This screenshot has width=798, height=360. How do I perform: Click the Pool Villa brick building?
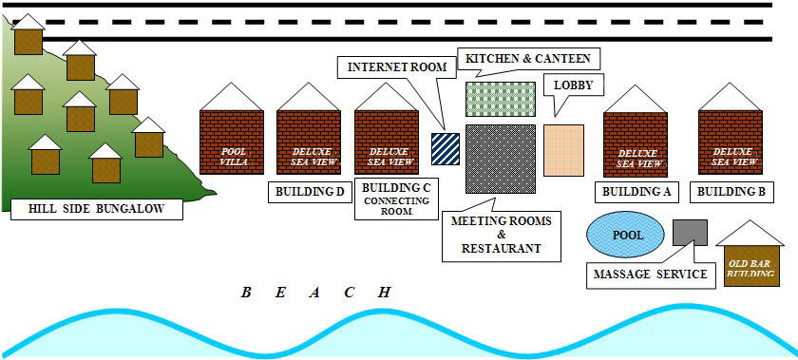232,142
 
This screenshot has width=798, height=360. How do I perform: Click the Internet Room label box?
385,67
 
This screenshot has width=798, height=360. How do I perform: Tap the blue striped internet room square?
445,149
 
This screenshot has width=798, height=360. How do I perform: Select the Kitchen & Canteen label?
528,59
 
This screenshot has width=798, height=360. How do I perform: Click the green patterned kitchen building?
501,99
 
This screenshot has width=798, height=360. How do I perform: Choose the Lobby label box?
573,85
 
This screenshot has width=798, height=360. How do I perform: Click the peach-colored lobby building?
563,150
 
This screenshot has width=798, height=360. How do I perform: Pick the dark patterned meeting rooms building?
501,159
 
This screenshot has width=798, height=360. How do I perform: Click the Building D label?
309,193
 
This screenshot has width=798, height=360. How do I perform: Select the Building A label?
636,192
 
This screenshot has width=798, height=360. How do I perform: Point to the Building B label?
731,192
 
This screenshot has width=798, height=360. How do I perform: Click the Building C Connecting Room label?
396,199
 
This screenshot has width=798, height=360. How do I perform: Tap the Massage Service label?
651,275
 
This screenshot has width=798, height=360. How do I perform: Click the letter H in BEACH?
384,293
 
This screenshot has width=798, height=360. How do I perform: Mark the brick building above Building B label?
731,142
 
